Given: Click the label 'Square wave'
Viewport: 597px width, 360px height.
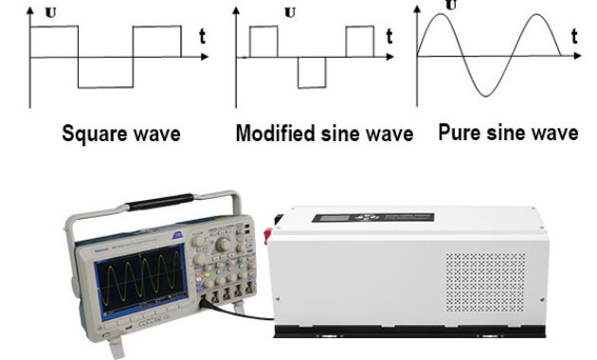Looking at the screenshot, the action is pos(120,135).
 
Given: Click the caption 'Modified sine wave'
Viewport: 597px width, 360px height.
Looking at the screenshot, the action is pos(324,135).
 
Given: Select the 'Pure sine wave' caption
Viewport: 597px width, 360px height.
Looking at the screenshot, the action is pos(508,133).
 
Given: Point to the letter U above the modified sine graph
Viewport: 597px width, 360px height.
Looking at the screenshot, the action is pos(289,12).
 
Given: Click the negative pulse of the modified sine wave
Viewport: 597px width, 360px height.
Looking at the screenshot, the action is pos(312,73).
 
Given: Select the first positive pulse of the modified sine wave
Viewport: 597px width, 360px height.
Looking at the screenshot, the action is pos(263,42).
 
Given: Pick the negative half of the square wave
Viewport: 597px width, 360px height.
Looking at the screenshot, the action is pos(105,73).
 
